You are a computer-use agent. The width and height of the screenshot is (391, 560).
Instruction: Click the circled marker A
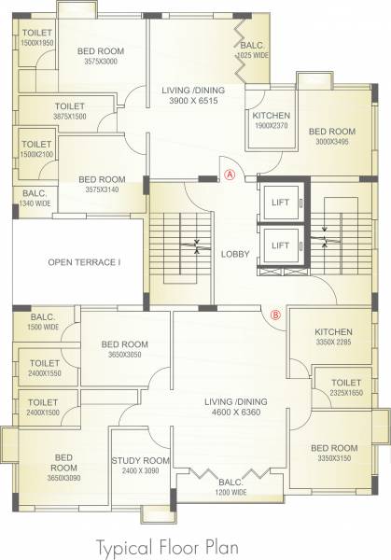(230, 173)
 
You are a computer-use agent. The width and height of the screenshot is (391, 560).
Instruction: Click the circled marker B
(275, 315)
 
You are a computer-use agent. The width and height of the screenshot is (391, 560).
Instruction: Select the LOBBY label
(233, 253)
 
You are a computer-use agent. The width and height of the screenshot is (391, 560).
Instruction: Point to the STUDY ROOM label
(140, 460)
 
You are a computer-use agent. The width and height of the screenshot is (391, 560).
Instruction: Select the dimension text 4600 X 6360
(235, 413)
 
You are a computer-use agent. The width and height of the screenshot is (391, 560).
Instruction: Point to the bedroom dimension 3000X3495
(332, 141)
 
